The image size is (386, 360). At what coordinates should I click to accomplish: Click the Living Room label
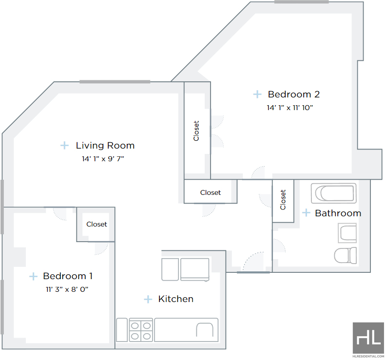click(x=105, y=146)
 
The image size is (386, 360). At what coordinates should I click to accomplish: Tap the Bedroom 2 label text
click(x=294, y=94)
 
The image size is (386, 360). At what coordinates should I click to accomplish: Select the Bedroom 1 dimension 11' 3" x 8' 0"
click(x=67, y=289)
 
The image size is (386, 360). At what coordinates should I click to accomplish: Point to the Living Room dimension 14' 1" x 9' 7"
click(x=103, y=159)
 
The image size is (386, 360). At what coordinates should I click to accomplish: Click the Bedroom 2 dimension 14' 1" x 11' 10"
click(x=290, y=108)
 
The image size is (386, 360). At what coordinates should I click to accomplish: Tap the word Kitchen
click(x=176, y=299)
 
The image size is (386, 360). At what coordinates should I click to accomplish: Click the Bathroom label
click(x=338, y=213)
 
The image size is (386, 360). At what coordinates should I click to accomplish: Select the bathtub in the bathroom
click(x=333, y=193)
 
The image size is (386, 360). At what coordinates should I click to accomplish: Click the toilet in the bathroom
click(x=345, y=255)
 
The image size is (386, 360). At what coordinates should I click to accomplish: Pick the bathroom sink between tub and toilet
click(x=347, y=233)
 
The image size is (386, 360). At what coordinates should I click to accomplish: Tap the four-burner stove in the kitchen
click(x=141, y=330)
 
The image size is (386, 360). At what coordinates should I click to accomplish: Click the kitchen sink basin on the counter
click(x=205, y=330)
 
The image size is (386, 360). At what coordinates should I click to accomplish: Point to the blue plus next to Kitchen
click(x=148, y=299)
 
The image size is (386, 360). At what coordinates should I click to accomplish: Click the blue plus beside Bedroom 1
click(x=33, y=276)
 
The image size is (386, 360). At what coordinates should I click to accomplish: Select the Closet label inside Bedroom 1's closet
click(x=96, y=224)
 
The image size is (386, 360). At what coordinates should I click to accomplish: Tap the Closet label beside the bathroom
click(x=283, y=200)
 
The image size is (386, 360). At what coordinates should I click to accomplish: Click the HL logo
click(x=368, y=338)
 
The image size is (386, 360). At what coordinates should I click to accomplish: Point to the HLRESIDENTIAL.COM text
click(x=368, y=356)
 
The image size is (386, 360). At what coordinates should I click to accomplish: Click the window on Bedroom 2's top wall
click(x=302, y=2)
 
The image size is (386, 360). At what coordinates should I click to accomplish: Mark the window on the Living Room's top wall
click(x=115, y=82)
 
